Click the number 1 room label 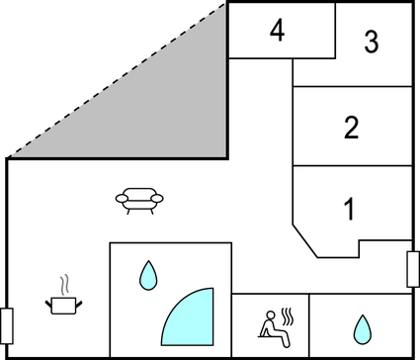(x=349, y=210)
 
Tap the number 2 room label (x=351, y=128)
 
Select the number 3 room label (x=371, y=43)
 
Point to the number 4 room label (x=278, y=32)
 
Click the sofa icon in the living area (x=138, y=201)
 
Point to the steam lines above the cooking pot (x=64, y=284)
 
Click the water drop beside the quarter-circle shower (x=148, y=275)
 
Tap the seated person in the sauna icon (x=267, y=326)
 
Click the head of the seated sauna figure (x=265, y=315)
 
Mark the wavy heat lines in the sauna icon (x=288, y=317)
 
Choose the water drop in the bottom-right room (x=363, y=327)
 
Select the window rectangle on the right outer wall (x=413, y=269)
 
